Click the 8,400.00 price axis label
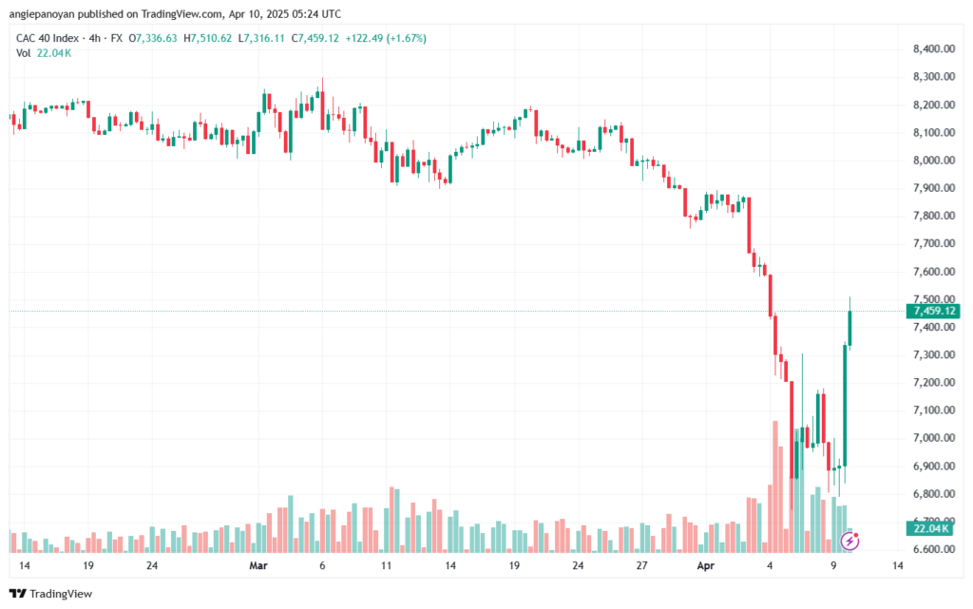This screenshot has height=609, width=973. [x=933, y=49]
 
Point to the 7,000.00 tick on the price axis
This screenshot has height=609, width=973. [x=933, y=438]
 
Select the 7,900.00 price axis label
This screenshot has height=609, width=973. [x=933, y=188]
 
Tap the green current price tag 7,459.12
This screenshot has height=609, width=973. [x=933, y=311]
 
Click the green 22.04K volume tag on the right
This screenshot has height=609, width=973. [x=931, y=528]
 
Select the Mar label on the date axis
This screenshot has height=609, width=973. [x=258, y=565]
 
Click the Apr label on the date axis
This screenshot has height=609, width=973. [x=706, y=565]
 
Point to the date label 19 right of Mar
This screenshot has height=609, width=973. [x=514, y=565]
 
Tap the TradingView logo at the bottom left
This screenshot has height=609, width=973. [x=51, y=594]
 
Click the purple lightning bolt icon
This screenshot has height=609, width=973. [x=849, y=542]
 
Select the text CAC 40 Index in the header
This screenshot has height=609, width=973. [x=48, y=38]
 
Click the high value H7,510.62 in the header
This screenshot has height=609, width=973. [x=207, y=38]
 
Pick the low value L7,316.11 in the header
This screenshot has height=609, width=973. [x=261, y=38]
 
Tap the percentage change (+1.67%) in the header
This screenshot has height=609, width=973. [x=406, y=38]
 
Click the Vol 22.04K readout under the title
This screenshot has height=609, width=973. [x=44, y=53]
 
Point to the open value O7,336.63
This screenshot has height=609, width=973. [x=153, y=38]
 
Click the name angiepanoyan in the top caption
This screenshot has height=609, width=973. [x=41, y=14]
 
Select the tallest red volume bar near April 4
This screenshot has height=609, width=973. [x=775, y=486]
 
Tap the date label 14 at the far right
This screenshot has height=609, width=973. [x=897, y=565]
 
